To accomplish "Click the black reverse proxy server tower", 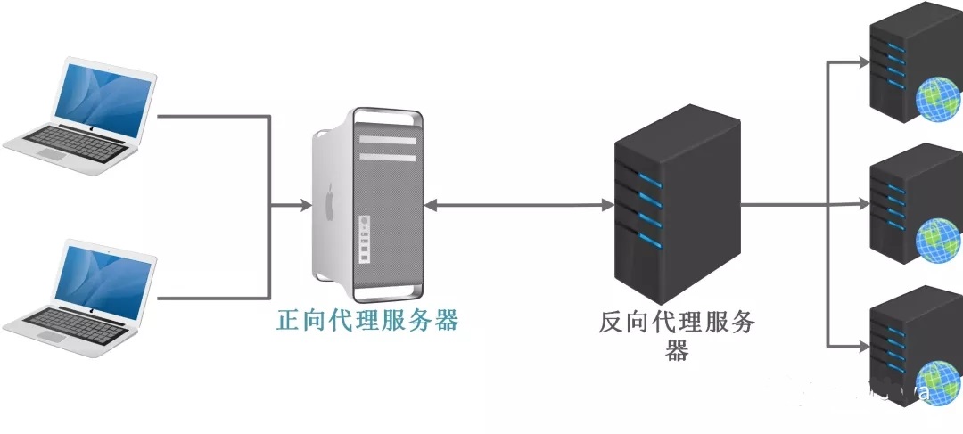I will click(x=677, y=205).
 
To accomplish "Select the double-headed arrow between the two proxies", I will click(x=516, y=206).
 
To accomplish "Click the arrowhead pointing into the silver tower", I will click(x=303, y=206).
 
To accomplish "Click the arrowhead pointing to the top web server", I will click(x=862, y=62).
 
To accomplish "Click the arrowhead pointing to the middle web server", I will click(x=862, y=204).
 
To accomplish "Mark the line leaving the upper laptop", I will click(x=214, y=115).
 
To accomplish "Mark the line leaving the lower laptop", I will click(x=214, y=297).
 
